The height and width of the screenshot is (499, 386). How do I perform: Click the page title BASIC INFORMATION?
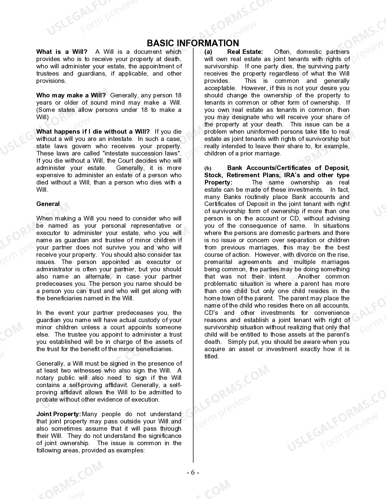pos(193,43)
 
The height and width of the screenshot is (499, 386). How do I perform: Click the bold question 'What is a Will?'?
pos(62,52)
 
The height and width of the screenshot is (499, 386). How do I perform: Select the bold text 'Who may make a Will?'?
pos(71,95)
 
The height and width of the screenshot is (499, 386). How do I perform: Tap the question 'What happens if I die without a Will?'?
pos(93,132)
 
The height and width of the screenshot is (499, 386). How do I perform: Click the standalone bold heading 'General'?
pos(48,204)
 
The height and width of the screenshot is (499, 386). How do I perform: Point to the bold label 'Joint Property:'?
pos(58,414)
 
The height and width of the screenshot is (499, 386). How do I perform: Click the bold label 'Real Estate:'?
pos(245,52)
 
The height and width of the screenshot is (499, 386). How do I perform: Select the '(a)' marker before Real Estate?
pos(208,52)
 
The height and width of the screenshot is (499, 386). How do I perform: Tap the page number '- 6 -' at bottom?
pos(193,473)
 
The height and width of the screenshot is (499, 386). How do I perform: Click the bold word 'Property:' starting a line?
pos(218,182)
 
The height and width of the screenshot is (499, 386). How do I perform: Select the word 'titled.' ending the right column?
pos(212,356)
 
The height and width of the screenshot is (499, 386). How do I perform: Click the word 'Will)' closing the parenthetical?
pos(42,117)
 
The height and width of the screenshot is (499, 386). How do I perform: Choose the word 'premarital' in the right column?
pos(218,262)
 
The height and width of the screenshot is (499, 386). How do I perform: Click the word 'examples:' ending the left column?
pos(131,450)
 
